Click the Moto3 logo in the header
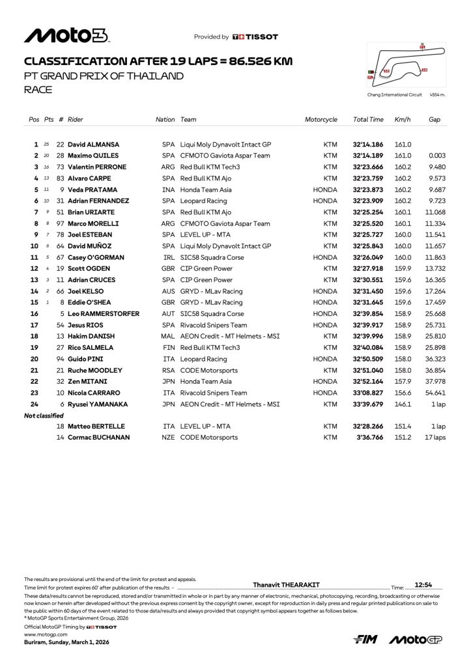[66, 36]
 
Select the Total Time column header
[368, 120]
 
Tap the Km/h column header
[402, 120]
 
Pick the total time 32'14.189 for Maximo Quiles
[368, 156]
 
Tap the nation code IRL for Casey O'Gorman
[169, 257]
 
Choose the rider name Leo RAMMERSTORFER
[104, 314]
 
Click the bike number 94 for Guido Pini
[61, 359]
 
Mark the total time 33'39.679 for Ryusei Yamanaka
[368, 404]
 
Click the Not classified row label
[44, 416]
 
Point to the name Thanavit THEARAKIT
[286, 585]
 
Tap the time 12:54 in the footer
[423, 585]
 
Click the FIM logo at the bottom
[365, 640]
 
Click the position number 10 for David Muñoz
[35, 246]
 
